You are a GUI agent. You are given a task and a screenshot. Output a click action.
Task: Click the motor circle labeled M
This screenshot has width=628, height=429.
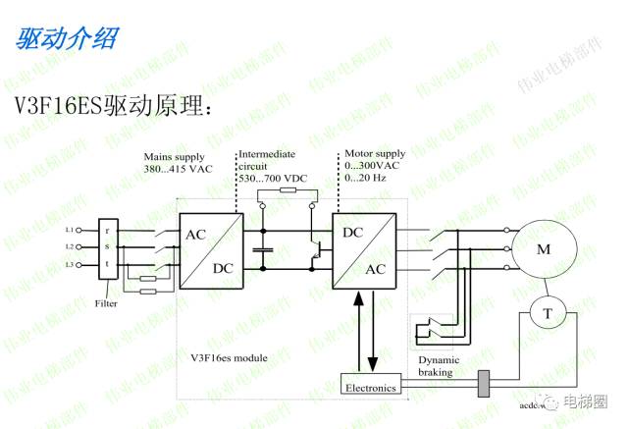click(543, 248)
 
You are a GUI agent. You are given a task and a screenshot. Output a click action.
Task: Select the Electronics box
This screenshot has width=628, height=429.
click(371, 388)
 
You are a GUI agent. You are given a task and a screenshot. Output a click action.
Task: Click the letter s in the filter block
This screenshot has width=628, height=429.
click(107, 247)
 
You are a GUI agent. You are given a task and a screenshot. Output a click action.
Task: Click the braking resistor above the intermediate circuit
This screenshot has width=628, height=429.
click(286, 189)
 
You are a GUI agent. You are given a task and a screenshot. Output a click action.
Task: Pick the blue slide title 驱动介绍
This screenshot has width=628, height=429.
click(67, 38)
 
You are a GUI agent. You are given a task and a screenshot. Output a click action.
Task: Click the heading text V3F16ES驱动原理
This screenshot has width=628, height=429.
click(113, 104)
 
